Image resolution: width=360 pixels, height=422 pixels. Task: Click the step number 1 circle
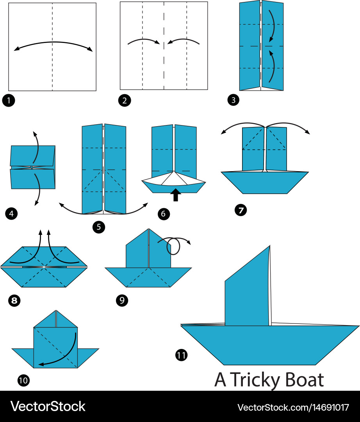pyautogui.click(x=9, y=100)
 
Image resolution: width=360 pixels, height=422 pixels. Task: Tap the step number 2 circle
pyautogui.click(x=125, y=100)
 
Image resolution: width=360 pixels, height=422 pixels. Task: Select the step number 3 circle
pyautogui.click(x=233, y=100)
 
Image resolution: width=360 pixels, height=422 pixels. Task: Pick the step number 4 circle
pyautogui.click(x=11, y=214)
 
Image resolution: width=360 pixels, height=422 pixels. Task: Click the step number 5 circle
pyautogui.click(x=99, y=227)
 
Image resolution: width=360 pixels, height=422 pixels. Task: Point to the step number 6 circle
pyautogui.click(x=164, y=214)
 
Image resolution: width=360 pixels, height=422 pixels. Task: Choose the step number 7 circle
pyautogui.click(x=241, y=210)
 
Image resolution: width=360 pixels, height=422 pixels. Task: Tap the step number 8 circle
pyautogui.click(x=14, y=300)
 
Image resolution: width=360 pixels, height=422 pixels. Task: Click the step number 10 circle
pyautogui.click(x=23, y=380)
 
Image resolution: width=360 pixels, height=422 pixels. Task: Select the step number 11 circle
pyautogui.click(x=182, y=355)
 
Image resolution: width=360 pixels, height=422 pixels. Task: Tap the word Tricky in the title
pyautogui.click(x=255, y=381)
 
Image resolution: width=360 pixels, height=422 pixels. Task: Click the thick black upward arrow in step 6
pyautogui.click(x=176, y=195)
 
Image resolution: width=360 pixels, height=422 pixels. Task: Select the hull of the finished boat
pyautogui.click(x=270, y=345)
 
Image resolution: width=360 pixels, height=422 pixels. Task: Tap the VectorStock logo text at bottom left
pyautogui.click(x=48, y=406)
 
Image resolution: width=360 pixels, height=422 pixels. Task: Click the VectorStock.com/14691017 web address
pyautogui.click(x=293, y=407)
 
